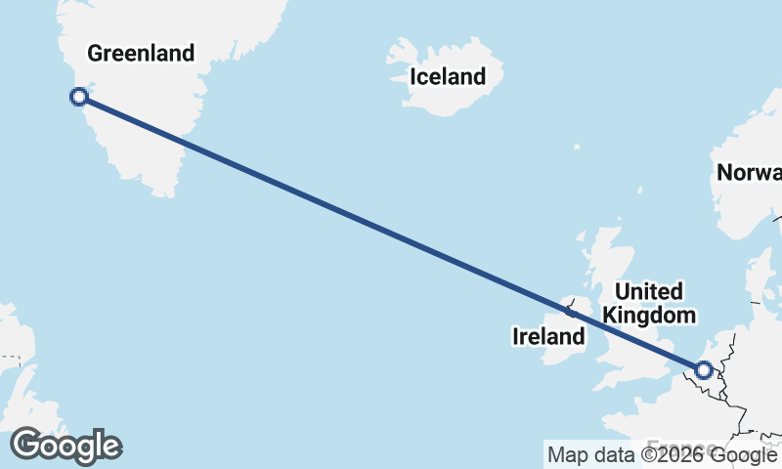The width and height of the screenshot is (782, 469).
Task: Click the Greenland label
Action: click(x=142, y=53)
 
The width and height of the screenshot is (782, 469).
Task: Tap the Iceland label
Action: click(x=447, y=76)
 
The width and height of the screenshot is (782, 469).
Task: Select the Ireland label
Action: click(x=548, y=337)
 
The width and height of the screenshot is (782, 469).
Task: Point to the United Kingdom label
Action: click(x=650, y=303)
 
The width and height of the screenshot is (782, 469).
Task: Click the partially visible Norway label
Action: click(x=749, y=173)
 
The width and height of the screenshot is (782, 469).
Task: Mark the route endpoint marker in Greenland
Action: click(x=79, y=97)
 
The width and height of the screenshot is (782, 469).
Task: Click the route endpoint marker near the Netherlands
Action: click(x=703, y=369)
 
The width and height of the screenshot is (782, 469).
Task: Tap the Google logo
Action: click(x=66, y=446)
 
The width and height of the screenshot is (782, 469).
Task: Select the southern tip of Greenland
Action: click(x=168, y=192)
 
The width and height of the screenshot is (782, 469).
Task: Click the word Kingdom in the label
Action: click(x=650, y=316)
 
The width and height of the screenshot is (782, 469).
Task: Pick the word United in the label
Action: click(x=648, y=291)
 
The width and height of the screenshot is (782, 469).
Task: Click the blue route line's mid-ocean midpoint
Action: click(x=391, y=233)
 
